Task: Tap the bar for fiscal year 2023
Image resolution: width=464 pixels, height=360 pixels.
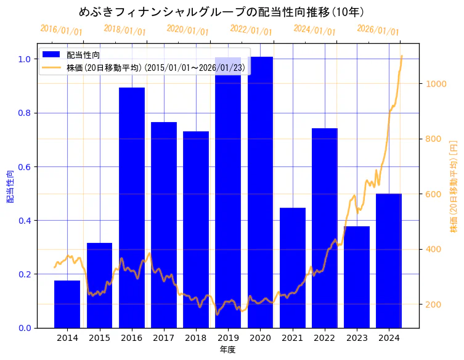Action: coord(357,277)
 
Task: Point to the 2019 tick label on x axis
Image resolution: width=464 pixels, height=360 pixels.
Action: coord(228,337)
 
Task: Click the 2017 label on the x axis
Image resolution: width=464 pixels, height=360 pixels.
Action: coord(164,337)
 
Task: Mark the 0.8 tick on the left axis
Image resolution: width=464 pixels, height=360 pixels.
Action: coord(24,113)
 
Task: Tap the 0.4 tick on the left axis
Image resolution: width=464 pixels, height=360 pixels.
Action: coord(24,221)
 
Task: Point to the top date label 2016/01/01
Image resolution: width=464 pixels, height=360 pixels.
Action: coord(61,30)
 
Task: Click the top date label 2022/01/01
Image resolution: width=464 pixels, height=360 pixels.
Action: coord(251,30)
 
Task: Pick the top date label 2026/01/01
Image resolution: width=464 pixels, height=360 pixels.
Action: coord(378,30)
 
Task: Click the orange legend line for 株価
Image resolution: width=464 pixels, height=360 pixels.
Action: coord(51,67)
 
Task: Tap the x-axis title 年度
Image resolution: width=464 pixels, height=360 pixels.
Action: coord(228,350)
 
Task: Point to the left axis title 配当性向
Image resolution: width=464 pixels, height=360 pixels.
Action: coord(10,186)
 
